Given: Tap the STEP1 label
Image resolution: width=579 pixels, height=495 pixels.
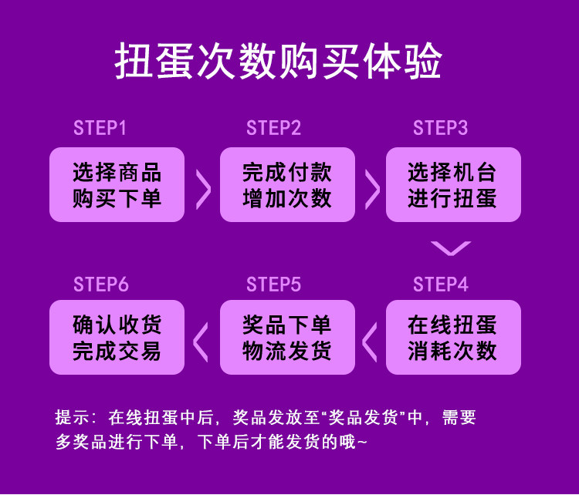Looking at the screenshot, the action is [100, 128].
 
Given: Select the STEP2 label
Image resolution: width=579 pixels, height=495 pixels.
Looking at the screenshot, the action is [273, 128].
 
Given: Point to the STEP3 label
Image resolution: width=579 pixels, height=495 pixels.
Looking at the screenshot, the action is [440, 128].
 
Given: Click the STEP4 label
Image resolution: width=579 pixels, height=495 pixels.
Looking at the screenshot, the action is [440, 285].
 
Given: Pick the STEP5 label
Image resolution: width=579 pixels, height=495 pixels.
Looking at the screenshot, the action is [273, 285].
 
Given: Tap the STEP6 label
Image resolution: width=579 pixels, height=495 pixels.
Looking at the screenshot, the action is [100, 285].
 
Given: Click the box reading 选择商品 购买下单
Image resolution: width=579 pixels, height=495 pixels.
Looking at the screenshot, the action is [117, 185].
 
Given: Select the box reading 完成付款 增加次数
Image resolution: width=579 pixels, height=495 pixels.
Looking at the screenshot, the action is [287, 185].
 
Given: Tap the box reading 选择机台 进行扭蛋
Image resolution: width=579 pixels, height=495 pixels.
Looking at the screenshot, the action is [453, 185].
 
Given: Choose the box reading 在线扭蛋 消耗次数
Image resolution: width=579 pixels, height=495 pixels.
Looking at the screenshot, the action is [453, 338].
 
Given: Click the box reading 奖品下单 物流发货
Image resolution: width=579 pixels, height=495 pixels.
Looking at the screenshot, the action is [287, 338].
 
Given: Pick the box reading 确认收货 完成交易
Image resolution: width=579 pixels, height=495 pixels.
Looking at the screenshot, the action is [117, 338].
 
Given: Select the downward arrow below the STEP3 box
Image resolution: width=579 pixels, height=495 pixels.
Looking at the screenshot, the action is [451, 248].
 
